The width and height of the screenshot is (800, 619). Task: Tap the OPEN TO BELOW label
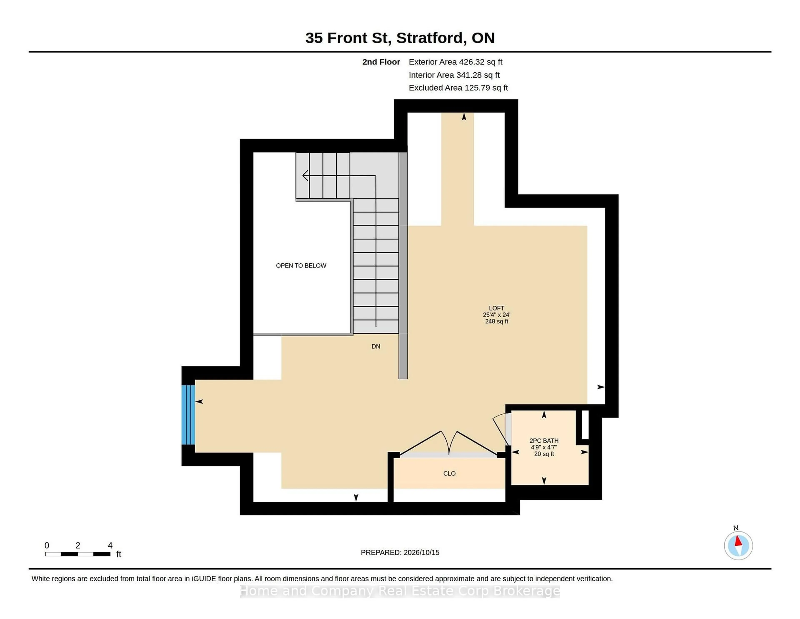point(301,265)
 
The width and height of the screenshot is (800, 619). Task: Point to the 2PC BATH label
point(544,441)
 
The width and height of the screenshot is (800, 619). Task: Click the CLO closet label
point(449,473)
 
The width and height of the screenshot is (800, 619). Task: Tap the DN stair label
point(376,346)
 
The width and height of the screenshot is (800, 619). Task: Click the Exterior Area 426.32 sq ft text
point(456,62)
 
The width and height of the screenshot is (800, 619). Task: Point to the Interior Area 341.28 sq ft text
point(454,75)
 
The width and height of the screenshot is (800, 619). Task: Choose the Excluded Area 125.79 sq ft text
point(458,88)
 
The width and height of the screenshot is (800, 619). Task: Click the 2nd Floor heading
point(381,62)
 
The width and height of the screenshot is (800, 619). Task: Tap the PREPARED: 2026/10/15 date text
point(400,552)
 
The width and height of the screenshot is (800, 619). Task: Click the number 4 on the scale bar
point(110,545)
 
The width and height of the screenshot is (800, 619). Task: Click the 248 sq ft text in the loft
point(496,321)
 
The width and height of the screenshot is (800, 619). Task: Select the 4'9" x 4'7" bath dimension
point(544,447)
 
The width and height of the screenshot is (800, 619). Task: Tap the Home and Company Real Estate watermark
point(400,591)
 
